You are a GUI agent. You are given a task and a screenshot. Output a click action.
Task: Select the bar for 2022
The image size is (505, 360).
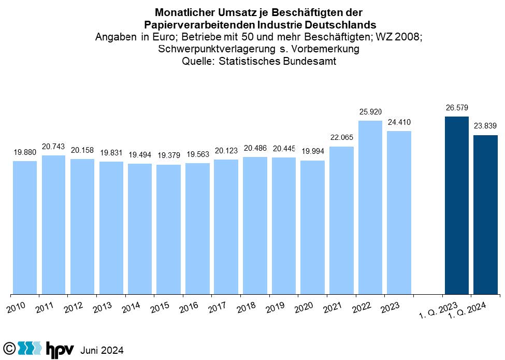pos(370,207)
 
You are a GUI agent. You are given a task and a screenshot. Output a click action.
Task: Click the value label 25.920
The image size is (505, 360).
pos(370,112)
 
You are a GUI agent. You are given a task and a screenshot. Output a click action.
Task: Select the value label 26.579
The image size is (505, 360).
pos(456,108)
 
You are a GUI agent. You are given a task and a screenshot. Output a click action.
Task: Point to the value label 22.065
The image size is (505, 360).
pos(341,137)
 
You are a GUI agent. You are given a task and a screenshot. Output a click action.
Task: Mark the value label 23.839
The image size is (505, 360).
pos(485,126)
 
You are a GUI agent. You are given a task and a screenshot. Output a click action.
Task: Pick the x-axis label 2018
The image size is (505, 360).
pos(246,308)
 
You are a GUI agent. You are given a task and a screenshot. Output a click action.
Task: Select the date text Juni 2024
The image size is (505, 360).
pos(102,350)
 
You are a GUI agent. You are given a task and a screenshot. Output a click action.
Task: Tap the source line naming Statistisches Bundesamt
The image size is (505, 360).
pos(259,62)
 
